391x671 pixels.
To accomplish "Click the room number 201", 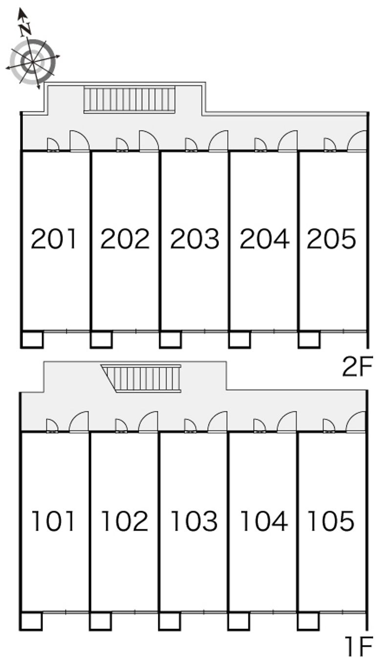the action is coord(53,238).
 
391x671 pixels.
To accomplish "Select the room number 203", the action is coord(195,238).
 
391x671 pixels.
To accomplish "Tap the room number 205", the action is coord(331,238).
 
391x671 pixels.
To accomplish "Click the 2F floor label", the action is coord(357,366).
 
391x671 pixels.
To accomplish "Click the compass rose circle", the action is coord(32,62).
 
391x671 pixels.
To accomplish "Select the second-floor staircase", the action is coord(130,99).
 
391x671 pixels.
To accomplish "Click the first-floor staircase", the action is coord(141,378).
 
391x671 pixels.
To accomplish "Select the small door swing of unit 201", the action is coord(53,144).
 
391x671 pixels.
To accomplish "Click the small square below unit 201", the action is coord(32,339).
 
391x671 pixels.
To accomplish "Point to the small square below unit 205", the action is coord(309,339).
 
